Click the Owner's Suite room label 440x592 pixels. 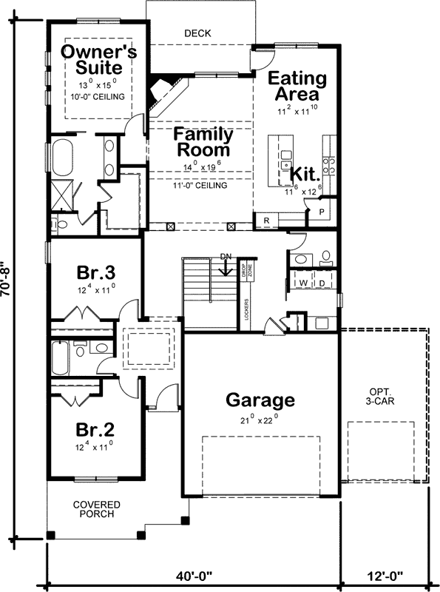(98, 59)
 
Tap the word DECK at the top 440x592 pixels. (198, 33)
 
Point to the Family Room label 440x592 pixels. (203, 142)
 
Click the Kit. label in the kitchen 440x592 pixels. (304, 174)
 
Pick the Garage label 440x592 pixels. (260, 400)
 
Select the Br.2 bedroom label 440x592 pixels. (95, 430)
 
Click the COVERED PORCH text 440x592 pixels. (96, 510)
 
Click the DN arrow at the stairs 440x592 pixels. (227, 266)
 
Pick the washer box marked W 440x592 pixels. (303, 283)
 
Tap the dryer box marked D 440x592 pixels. (323, 283)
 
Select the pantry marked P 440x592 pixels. (323, 210)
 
